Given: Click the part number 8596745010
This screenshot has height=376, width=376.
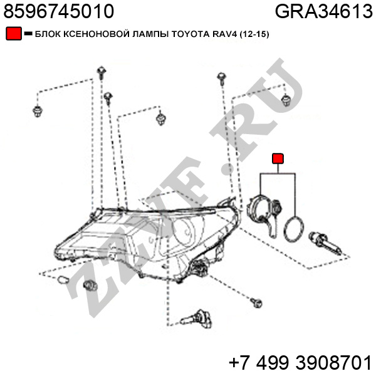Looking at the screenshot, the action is pyautogui.click(x=59, y=11).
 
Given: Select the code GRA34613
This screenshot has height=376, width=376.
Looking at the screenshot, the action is pyautogui.click(x=324, y=11).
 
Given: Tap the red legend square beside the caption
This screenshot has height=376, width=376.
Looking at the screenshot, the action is pyautogui.click(x=14, y=34).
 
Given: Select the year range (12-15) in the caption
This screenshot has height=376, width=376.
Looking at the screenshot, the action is pyautogui.click(x=254, y=34).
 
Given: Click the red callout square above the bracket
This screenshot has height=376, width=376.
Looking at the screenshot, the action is pyautogui.click(x=278, y=159).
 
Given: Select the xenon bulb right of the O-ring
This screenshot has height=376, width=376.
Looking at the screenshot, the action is pyautogui.click(x=325, y=243).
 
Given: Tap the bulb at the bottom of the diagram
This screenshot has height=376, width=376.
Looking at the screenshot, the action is pyautogui.click(x=197, y=319).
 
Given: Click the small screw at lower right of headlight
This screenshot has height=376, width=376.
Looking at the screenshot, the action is pyautogui.click(x=256, y=303).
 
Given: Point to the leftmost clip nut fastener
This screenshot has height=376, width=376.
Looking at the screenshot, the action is pyautogui.click(x=38, y=112).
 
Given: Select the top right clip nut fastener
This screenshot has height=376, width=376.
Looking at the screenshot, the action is pyautogui.click(x=286, y=100).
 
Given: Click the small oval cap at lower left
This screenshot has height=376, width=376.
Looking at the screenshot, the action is pyautogui.click(x=63, y=279).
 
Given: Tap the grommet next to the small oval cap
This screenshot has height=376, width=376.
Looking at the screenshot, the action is pyautogui.click(x=90, y=285).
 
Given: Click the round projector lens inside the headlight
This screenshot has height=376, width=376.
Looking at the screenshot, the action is pyautogui.click(x=184, y=231).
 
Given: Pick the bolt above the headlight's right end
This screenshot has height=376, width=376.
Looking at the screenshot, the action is pyautogui.click(x=222, y=78).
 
